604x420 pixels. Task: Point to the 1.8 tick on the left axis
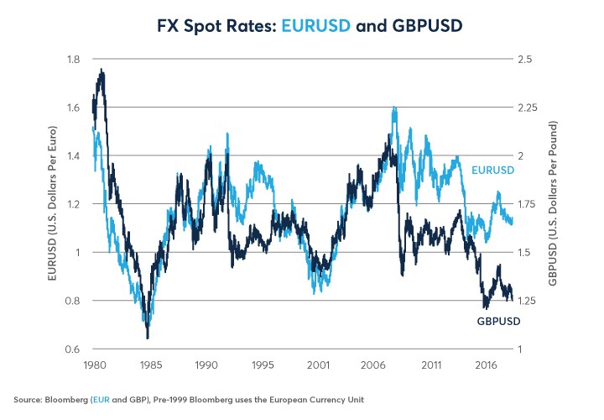[x=75, y=59]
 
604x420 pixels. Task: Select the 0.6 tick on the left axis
[x=75, y=349]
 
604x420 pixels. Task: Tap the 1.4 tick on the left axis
[x=75, y=156]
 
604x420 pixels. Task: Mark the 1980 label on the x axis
[x=93, y=365]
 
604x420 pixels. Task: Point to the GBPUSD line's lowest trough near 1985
[x=148, y=338]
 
